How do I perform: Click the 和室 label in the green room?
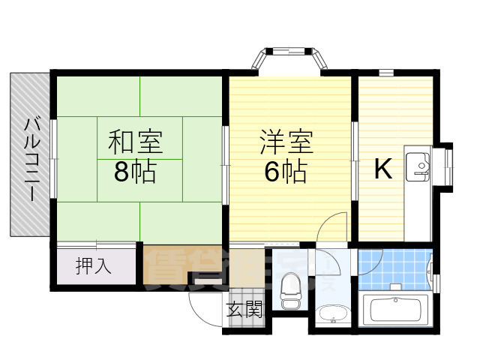136,142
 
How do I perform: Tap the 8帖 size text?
135,173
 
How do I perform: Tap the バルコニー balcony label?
32,158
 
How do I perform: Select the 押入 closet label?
94,265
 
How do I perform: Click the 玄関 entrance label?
244,309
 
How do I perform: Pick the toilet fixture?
289,289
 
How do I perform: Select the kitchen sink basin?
417,165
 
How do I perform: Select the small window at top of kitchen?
386,73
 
